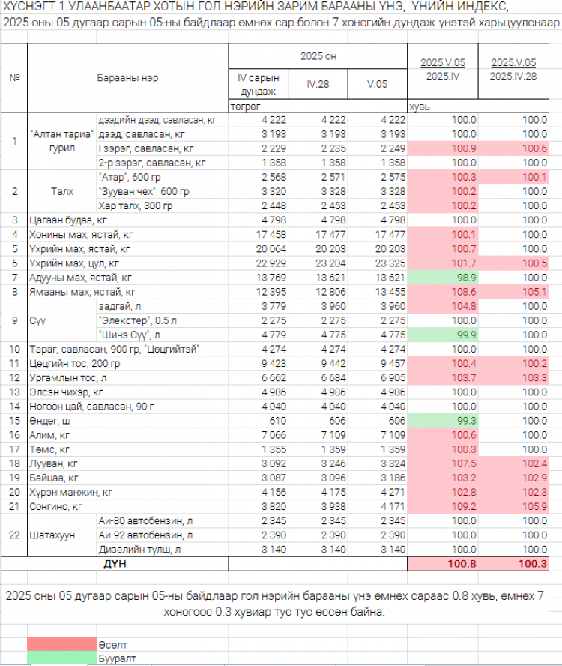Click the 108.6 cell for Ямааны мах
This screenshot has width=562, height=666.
(x=443, y=292)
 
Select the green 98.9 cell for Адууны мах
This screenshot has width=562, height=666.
(x=443, y=277)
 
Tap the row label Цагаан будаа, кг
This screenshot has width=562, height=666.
(x=68, y=220)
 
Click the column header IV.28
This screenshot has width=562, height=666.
(x=318, y=84)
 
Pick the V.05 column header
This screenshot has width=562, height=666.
(x=378, y=84)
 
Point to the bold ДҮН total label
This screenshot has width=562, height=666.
(x=115, y=564)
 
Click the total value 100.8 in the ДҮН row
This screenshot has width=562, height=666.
(x=462, y=564)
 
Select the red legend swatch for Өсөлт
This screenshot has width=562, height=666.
(x=62, y=644)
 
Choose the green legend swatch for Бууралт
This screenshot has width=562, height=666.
(x=62, y=658)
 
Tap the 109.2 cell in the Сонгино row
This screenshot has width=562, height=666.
(x=443, y=507)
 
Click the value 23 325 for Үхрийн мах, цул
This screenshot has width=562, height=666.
(x=390, y=263)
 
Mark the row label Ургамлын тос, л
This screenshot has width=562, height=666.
(x=68, y=377)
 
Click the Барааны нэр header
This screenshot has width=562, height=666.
(x=127, y=78)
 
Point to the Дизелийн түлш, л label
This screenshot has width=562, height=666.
(x=139, y=550)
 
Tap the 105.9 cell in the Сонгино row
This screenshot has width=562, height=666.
(x=513, y=507)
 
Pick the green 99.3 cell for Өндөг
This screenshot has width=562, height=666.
(x=443, y=421)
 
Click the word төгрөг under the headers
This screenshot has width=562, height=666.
(x=245, y=106)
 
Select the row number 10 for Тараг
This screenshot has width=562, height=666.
(x=14, y=349)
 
